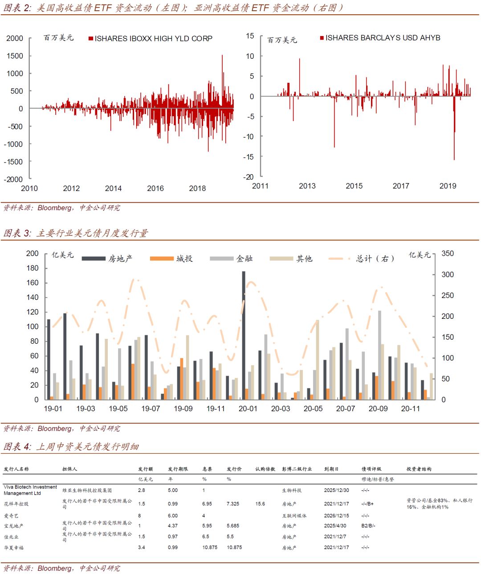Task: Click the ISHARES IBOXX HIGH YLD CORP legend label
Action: pos(153,39)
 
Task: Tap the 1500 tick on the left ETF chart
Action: pos(15,56)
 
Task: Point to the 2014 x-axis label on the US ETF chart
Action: pos(113,188)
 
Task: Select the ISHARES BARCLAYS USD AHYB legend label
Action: pos(383,38)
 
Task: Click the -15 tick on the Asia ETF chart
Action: pos(249,157)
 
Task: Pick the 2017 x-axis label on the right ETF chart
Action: pos(401,186)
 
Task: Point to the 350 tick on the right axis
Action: pos(448,253)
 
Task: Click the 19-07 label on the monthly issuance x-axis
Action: pos(151,408)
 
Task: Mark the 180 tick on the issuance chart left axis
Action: pos(33,268)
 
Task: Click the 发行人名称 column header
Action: pos(16,469)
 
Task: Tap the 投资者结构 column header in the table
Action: pos(419,469)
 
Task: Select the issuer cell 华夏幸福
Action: pos(14,548)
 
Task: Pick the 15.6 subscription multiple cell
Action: pos(260,504)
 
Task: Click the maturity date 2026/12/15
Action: pos(337,516)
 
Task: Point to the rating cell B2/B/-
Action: pos(368,526)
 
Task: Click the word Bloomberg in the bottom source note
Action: pos(54,568)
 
